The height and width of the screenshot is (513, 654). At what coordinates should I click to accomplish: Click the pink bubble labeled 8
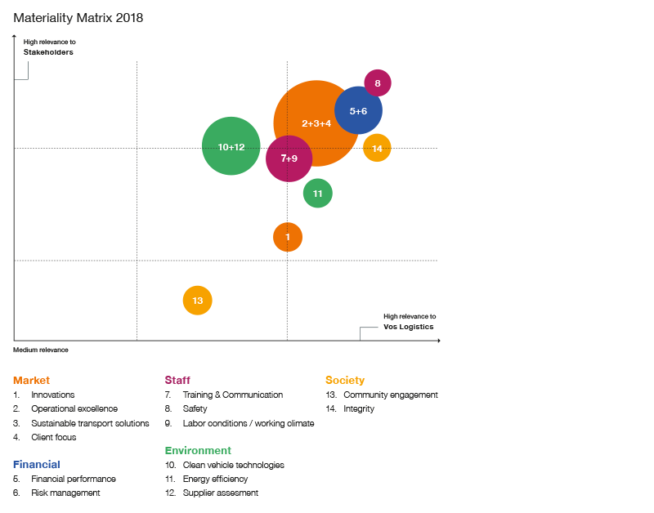[x=377, y=83]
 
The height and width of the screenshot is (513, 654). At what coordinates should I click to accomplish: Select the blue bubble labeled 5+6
[x=358, y=110]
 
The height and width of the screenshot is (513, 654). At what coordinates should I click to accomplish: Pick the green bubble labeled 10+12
[x=231, y=146]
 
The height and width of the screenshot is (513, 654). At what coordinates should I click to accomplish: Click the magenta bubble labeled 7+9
[x=289, y=158]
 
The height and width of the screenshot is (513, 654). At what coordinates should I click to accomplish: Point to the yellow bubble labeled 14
[x=377, y=148]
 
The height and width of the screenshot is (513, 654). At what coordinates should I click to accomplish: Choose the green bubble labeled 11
[x=317, y=194]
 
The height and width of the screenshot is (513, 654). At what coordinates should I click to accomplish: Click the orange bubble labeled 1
[x=288, y=237]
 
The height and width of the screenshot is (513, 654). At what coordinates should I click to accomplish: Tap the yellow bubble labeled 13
[x=197, y=301]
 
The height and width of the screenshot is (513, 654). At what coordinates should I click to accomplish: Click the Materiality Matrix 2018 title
[x=78, y=18]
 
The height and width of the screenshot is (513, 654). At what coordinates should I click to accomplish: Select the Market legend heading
[x=31, y=380]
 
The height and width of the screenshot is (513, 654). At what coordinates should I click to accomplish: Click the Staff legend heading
[x=177, y=380]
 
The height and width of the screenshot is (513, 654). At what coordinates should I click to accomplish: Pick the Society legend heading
[x=344, y=380]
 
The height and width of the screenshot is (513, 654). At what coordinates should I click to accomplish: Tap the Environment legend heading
[x=198, y=450]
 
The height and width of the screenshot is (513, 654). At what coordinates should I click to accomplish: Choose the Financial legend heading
[x=36, y=464]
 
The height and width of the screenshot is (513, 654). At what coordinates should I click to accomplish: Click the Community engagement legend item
[x=390, y=395]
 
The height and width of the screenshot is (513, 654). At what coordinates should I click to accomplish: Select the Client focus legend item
[x=53, y=437]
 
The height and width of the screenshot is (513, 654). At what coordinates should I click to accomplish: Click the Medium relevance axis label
[x=40, y=350]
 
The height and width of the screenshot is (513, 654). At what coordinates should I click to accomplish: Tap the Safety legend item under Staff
[x=195, y=408]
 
